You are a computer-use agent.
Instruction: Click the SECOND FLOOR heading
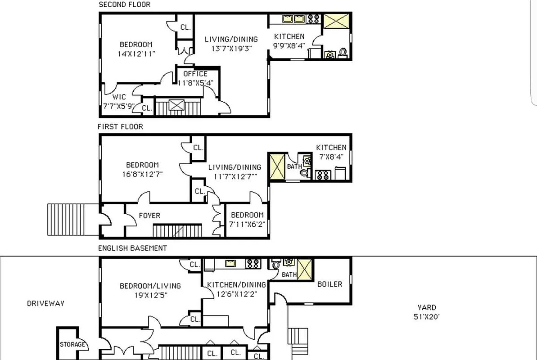coord(125,4)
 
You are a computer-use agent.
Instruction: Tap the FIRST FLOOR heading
coord(120,127)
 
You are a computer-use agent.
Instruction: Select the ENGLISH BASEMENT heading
coord(132,248)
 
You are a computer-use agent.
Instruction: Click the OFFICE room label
coord(195,74)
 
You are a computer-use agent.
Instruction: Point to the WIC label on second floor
coord(119,97)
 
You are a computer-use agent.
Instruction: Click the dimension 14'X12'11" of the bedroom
coord(136,54)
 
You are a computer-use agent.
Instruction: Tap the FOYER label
coord(149,216)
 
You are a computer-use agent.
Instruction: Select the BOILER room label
coord(329,284)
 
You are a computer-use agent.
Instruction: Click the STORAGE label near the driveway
coord(72,345)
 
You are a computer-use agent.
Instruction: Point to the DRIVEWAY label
coord(45,303)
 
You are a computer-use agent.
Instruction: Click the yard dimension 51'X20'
coord(426,316)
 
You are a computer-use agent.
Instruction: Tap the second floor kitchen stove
coord(314,19)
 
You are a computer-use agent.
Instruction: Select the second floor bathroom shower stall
coord(337,22)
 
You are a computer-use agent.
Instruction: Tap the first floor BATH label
coord(294,166)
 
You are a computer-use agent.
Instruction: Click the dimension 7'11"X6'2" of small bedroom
coord(247,224)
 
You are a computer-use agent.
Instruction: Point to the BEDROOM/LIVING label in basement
coord(150,286)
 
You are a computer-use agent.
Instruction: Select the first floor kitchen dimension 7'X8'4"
coord(331,156)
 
